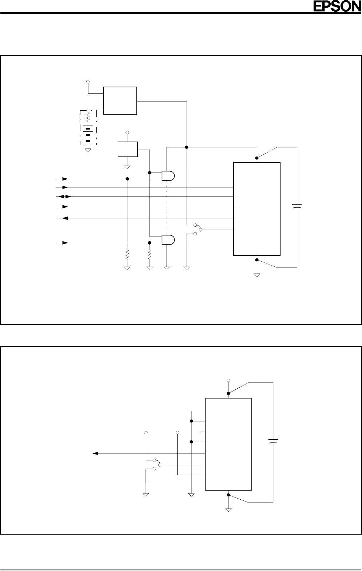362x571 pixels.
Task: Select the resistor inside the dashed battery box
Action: [88, 117]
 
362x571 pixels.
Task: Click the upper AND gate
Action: [168, 176]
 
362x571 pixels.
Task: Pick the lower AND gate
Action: [168, 239]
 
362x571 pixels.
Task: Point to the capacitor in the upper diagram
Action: [297, 207]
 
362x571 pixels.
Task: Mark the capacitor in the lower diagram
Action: [273, 441]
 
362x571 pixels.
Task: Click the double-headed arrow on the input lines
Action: [63, 197]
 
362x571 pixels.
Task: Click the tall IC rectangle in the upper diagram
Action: [257, 209]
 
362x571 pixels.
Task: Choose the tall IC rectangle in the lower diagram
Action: [228, 444]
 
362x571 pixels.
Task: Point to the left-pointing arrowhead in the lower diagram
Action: [96, 453]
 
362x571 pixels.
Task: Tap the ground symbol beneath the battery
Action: [88, 149]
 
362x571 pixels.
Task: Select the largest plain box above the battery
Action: [120, 100]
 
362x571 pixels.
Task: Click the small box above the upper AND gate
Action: [128, 149]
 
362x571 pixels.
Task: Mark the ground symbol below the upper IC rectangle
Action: [257, 274]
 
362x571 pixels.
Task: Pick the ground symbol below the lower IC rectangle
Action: [228, 509]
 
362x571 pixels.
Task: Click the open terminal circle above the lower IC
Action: [228, 380]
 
